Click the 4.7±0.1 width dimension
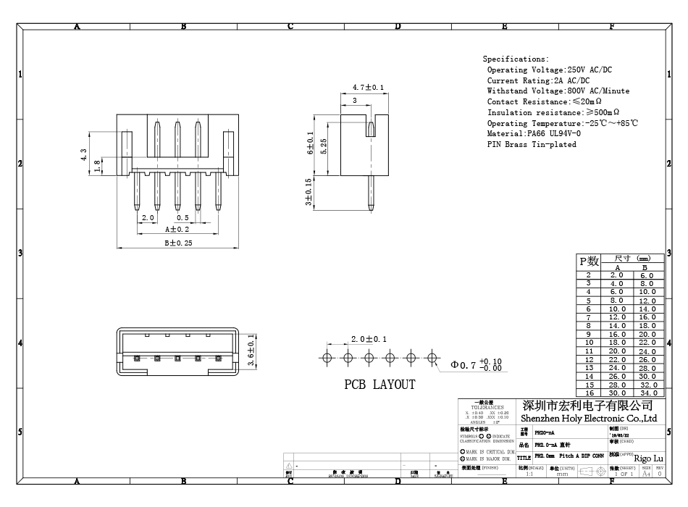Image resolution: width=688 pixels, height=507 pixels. pos(368,88)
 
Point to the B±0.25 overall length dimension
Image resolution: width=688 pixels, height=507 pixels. pos(177,243)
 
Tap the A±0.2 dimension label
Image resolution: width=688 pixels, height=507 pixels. pos(177,229)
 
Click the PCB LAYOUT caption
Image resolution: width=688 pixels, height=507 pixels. pos(379,385)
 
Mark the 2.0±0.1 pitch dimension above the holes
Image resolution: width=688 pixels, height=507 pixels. pos(369,340)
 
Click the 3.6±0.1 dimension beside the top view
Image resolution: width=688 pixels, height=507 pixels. pos(251,351)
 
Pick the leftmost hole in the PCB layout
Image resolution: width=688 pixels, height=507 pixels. pos(327,357)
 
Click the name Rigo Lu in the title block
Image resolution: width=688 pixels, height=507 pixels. pos(648,458)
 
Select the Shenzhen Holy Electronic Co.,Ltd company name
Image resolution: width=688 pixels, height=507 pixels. pos(589,419)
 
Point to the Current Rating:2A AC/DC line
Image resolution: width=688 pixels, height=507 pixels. pos(538,80)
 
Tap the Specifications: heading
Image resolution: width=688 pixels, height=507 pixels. pos(516,59)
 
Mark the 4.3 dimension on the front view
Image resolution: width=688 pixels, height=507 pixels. pos(84,154)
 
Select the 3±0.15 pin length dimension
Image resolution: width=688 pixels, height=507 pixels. pos(309,192)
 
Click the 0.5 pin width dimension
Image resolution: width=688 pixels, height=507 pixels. pos(183,218)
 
